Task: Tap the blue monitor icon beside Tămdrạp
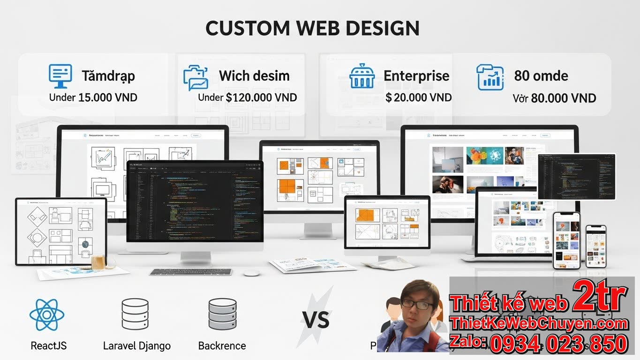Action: pos(60,76)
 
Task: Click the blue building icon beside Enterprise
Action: pos(362,76)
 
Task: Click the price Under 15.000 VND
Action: pos(93,97)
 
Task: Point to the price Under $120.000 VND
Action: pos(247,97)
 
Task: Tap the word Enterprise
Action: pos(416,76)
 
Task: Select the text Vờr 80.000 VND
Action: pos(554,98)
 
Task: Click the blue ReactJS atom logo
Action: pos(47,315)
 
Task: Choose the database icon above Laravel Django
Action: pos(135,314)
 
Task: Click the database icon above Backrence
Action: pos(222,314)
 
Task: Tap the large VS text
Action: pos(316,321)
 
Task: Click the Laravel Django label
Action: pos(136,346)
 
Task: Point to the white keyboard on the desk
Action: pos(191,272)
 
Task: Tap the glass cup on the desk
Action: pos(98,262)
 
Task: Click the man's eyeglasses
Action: pos(417,305)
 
